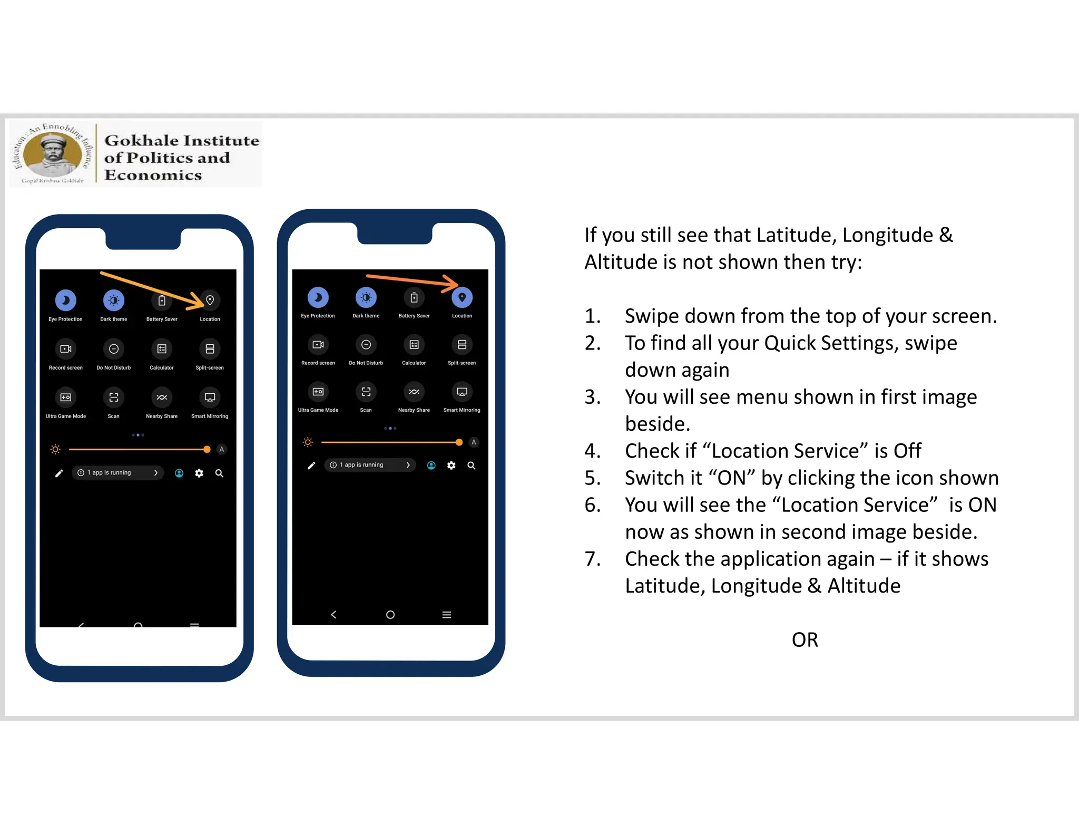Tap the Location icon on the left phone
point(210,300)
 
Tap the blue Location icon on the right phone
point(462,297)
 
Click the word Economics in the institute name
point(153,175)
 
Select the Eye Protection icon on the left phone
point(66,300)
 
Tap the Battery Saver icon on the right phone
point(414,298)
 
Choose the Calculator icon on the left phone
point(162,349)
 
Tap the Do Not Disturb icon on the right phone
point(366,345)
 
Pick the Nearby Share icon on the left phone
point(162,397)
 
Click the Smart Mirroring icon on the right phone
point(462,392)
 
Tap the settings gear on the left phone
point(199,473)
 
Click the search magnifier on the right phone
point(472,466)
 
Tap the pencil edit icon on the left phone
point(59,473)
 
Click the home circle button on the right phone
point(390,615)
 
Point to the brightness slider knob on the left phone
point(207,450)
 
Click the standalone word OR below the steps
point(805,640)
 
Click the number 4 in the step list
point(592,451)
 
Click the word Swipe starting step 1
point(653,316)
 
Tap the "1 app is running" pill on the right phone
point(369,465)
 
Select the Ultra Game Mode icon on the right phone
point(318,392)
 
